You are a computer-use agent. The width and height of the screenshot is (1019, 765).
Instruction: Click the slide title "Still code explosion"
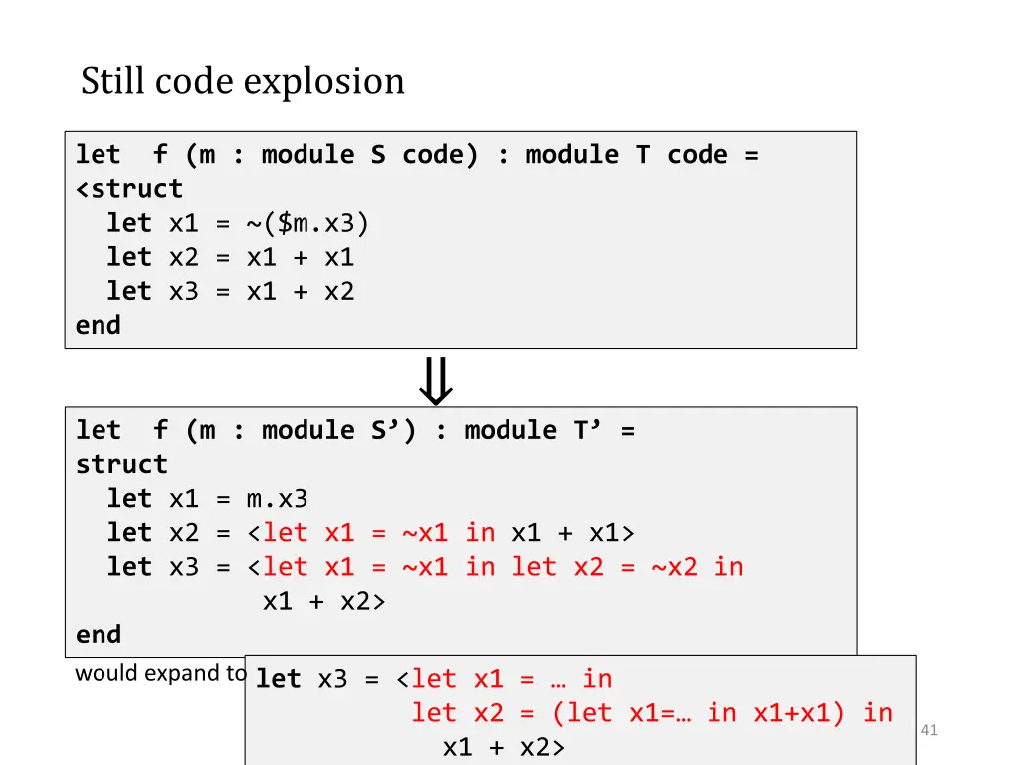coord(243,81)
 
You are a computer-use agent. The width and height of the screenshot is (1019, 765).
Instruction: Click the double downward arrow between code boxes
coord(436,382)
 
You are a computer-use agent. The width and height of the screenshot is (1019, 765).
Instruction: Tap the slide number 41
coord(930,731)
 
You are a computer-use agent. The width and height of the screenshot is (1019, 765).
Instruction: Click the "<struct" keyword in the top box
coord(129,189)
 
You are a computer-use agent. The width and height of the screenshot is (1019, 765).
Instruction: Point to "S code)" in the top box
coord(425,155)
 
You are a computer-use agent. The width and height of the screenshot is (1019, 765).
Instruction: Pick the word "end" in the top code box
coord(98,325)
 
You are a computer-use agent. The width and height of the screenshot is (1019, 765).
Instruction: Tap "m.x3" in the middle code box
coord(277,498)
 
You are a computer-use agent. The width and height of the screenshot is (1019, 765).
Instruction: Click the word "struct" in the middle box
coord(121,464)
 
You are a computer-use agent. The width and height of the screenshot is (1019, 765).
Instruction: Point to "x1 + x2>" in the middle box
coord(323,601)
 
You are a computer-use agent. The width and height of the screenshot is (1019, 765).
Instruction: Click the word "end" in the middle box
coord(98,635)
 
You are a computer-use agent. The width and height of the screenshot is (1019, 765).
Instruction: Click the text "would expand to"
coord(160,673)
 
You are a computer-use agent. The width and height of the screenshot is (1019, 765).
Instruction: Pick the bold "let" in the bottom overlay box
coord(278,679)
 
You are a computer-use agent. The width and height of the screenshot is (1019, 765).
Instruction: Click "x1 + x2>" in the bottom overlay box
coord(504,747)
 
